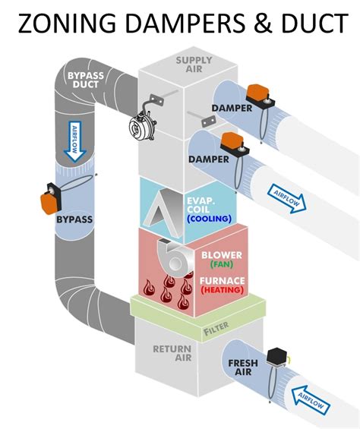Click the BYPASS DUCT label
pos(86,80)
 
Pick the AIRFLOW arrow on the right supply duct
pos(286,196)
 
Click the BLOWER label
pos(219,255)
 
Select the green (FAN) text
pos(219,265)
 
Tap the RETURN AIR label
pos(171,355)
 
